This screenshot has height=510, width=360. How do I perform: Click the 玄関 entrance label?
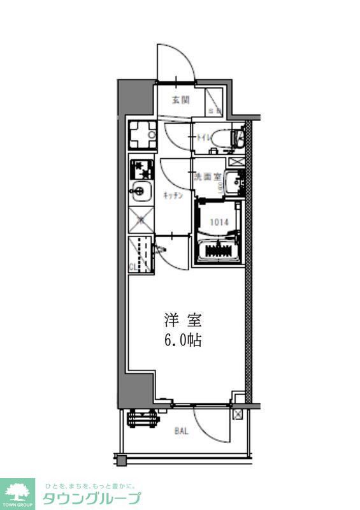pos(181,99)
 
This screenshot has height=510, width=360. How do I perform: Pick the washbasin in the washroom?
pos(234,182)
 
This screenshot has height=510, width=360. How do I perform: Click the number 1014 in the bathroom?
pos(218,222)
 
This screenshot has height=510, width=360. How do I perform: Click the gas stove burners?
pos(141,169)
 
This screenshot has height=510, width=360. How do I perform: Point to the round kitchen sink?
pos(140,190)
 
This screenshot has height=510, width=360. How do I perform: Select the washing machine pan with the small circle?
pos(141,133)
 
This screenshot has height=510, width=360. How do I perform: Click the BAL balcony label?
pos(182,432)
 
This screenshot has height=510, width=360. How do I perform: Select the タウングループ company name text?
pos(92,498)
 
